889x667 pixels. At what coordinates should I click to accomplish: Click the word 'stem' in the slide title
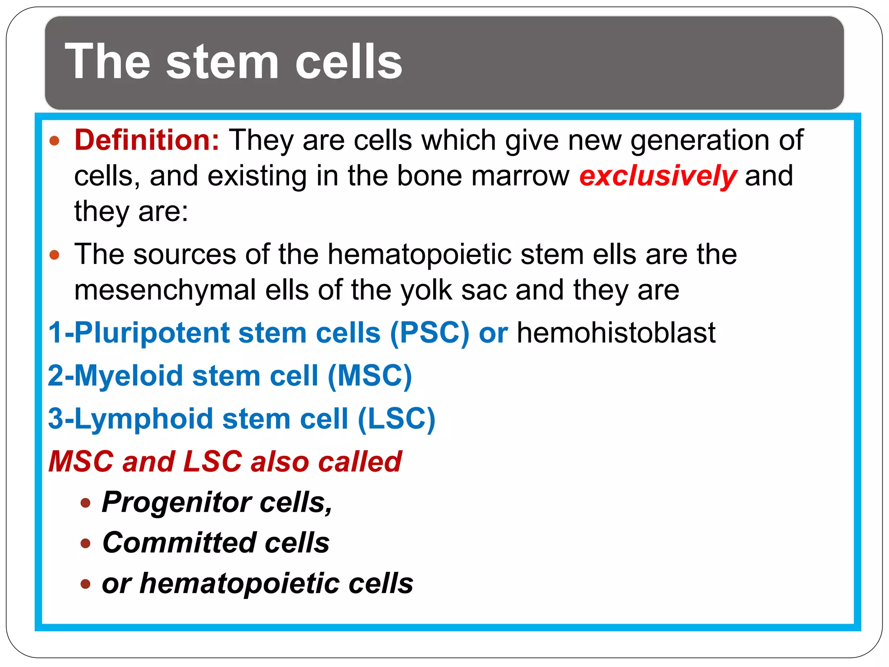coord(222,62)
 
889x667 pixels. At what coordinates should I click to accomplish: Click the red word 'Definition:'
coord(147,140)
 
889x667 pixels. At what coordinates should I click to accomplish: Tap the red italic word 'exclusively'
coord(658,176)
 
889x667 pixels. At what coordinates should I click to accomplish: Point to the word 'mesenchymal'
coord(165,290)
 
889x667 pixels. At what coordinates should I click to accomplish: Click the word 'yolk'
coord(426,290)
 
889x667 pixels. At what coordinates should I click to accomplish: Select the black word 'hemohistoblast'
coord(616,333)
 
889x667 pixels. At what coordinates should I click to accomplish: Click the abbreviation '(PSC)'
coord(429,333)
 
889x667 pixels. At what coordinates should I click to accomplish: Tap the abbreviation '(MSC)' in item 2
coord(369,376)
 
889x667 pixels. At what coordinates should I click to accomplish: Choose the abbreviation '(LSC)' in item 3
coord(396,419)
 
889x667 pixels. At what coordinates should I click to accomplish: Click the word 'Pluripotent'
coord(151,333)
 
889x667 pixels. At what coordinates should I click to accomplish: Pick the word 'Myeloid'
coord(129,376)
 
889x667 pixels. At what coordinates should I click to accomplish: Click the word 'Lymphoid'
coord(144,419)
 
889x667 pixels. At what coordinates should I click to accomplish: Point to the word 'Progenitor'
coord(177,502)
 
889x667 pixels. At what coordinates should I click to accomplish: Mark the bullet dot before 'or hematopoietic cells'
coord(86,584)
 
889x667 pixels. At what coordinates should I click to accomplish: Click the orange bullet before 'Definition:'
coord(54,141)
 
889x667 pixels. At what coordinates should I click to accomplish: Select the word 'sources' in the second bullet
coord(185,254)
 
